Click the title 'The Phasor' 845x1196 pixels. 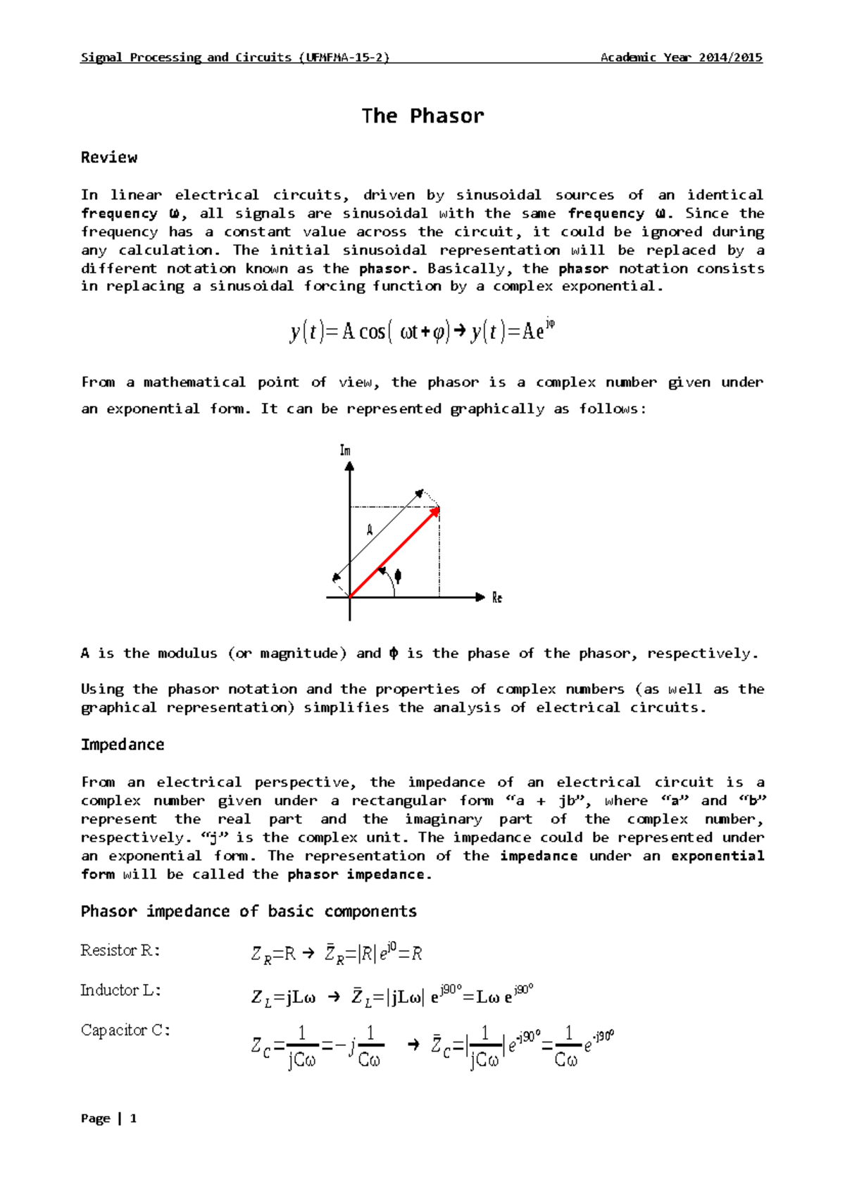(423, 116)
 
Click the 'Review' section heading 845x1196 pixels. (109, 158)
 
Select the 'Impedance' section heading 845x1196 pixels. (123, 745)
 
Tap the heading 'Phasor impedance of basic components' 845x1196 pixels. (249, 911)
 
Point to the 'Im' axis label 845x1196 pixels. (345, 450)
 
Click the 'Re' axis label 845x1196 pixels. (497, 598)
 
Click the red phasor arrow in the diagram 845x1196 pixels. (394, 552)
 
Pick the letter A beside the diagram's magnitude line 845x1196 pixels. (370, 530)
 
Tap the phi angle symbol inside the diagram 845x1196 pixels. (398, 576)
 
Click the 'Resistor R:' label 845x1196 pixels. (120, 951)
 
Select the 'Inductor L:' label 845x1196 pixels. (120, 991)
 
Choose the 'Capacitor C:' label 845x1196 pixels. (125, 1030)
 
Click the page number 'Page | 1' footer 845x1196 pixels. (109, 1119)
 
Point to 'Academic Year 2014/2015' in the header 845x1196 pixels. (681, 58)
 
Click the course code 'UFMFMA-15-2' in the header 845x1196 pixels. (344, 58)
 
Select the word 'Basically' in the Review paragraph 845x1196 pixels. (469, 268)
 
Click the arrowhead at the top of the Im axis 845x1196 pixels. (349, 466)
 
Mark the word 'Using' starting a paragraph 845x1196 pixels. (102, 690)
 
